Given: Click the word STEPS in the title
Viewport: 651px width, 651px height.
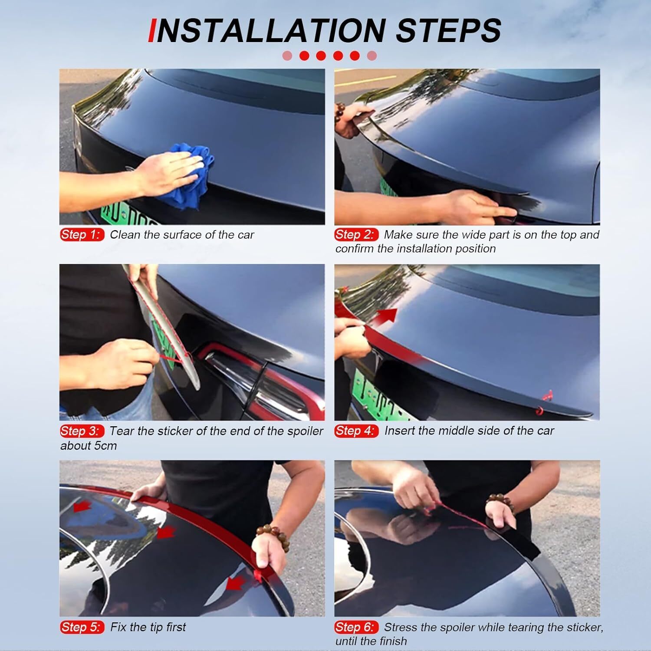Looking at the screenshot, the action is (449, 30).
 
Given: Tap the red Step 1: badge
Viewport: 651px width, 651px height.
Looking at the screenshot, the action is (82, 235).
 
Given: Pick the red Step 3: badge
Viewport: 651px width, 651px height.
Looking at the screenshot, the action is (82, 431).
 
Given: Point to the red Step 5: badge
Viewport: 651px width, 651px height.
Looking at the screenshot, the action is (82, 627).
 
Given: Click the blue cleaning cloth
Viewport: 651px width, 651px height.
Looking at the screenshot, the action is (187, 174).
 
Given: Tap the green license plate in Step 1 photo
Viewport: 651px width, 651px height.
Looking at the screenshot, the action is (126, 215).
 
